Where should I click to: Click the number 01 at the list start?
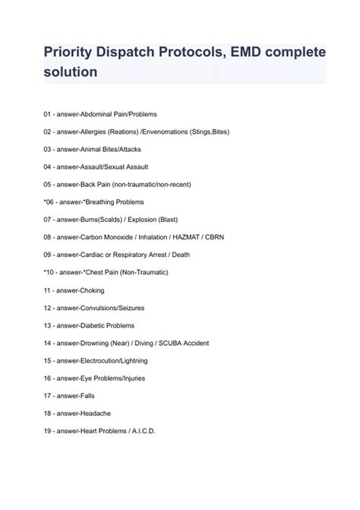click(48, 114)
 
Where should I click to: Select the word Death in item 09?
click(180, 255)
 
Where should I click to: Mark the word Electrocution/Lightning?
click(113, 360)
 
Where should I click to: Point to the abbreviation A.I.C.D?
click(141, 431)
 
